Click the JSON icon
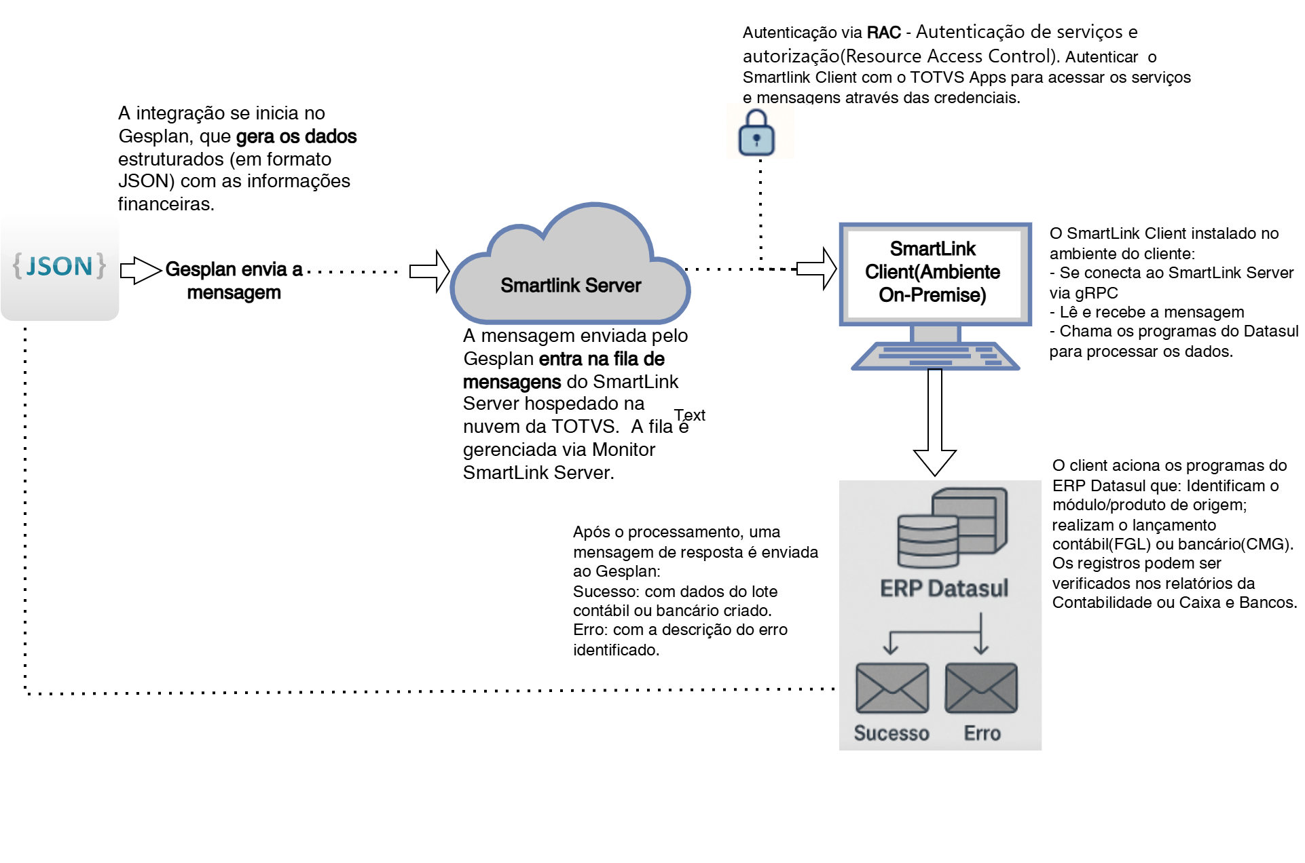[x=60, y=266]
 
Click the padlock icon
[x=756, y=132]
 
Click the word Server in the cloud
[x=613, y=286]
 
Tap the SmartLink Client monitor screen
[x=935, y=273]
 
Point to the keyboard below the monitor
[x=936, y=356]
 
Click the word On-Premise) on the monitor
[x=932, y=295]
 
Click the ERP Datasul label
[x=944, y=588]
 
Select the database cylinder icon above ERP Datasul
[x=927, y=541]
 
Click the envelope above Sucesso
[x=892, y=688]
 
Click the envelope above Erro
[x=981, y=688]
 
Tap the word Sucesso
[x=892, y=733]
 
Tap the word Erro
[x=982, y=733]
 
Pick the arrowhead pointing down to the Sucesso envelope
[x=890, y=649]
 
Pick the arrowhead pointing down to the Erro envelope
[x=980, y=649]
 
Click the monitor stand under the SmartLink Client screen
[x=936, y=334]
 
